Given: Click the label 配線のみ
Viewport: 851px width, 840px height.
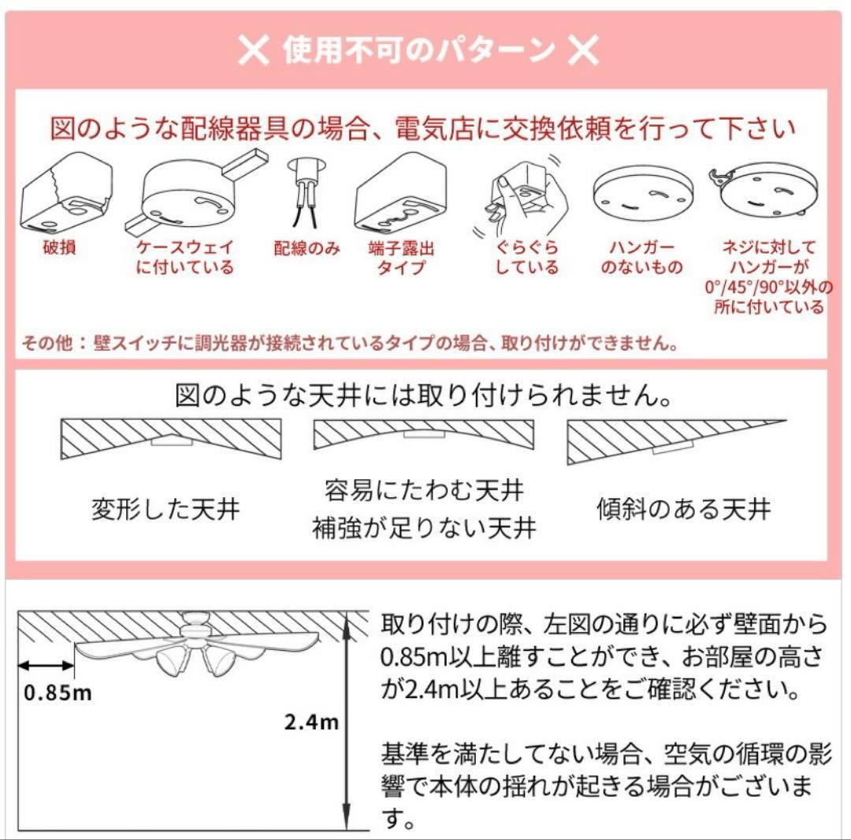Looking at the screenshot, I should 307,249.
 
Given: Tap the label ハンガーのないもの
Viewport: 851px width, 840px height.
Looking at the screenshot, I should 641,258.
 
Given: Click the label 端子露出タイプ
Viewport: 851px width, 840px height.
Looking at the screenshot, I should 402,258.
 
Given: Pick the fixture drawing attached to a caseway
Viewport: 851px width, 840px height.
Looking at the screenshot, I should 193,193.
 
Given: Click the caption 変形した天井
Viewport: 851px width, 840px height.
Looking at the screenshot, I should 165,509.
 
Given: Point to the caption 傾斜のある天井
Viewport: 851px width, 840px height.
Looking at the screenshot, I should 683,509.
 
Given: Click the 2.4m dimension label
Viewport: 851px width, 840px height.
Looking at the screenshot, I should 312,721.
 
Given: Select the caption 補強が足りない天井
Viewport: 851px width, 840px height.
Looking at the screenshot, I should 424,527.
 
